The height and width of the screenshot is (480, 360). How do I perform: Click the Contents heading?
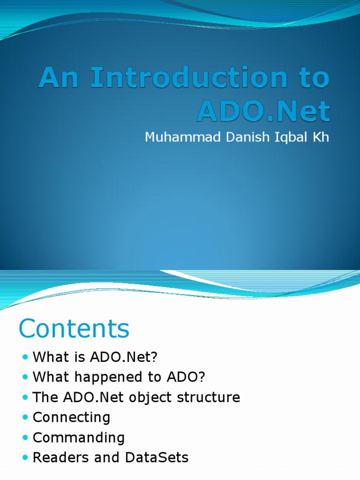(x=74, y=329)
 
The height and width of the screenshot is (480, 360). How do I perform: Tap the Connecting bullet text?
(x=72, y=418)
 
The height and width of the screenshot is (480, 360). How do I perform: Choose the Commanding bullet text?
(x=79, y=437)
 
